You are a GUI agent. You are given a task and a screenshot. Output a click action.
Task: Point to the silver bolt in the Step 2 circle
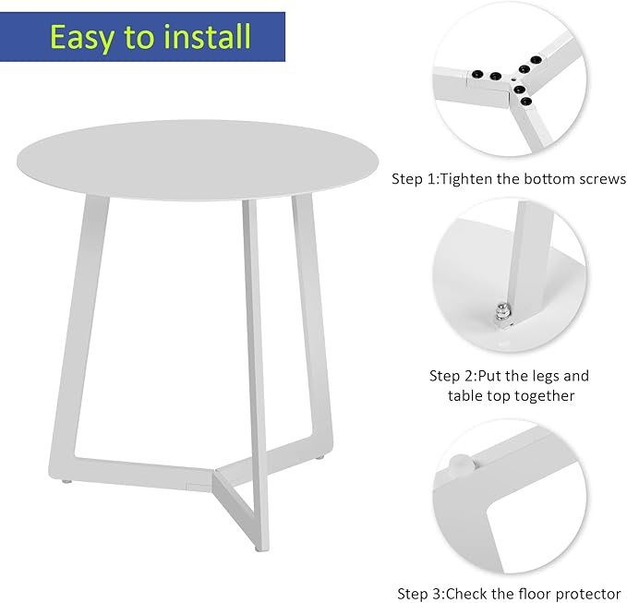tap(501, 311)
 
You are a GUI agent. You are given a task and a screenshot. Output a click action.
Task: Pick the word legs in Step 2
tap(543, 377)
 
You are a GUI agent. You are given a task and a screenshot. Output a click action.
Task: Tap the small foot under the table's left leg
tap(67, 481)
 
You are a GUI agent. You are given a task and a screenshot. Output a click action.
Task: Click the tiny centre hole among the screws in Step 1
tap(513, 80)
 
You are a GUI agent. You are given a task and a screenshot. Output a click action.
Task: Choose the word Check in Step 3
tap(466, 594)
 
